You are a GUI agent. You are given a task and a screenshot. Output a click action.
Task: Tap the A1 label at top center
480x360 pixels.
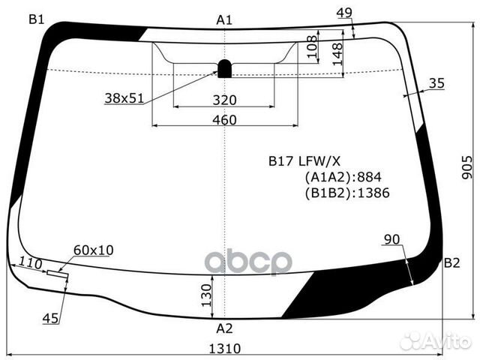pyautogui.click(x=223, y=20)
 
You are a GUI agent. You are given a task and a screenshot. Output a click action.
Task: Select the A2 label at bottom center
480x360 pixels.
pyautogui.click(x=224, y=328)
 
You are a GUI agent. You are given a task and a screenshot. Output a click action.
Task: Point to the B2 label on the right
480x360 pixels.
pyautogui.click(x=451, y=262)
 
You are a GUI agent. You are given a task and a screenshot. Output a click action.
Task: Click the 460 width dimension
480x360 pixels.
pyautogui.click(x=223, y=120)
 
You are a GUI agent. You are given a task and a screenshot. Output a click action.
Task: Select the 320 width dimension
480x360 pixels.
pyautogui.click(x=223, y=100)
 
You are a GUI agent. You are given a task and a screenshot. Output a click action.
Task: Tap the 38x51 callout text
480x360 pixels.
pyautogui.click(x=125, y=98)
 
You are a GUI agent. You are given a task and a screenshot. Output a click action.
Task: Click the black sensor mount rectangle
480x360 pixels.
pyautogui.click(x=224, y=68)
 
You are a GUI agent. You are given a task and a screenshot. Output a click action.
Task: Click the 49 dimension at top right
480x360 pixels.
pyautogui.click(x=344, y=12)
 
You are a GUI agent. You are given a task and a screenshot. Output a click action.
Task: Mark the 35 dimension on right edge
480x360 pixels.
pyautogui.click(x=437, y=83)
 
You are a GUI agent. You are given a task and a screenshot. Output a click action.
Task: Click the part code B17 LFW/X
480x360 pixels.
pyautogui.click(x=305, y=160)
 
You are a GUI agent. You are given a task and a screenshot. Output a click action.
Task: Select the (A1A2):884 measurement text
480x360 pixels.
pyautogui.click(x=343, y=177)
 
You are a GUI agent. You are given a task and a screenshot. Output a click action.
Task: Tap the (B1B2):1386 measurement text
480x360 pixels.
pyautogui.click(x=347, y=193)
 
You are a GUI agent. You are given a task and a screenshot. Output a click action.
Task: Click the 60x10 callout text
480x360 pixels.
pyautogui.click(x=94, y=250)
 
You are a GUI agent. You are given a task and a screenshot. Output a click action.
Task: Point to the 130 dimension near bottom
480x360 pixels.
pyautogui.click(x=205, y=297)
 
